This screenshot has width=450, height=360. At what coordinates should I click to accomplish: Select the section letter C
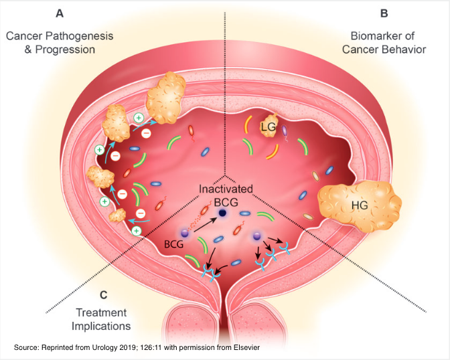[102, 294]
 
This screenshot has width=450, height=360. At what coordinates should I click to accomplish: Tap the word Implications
[102, 326]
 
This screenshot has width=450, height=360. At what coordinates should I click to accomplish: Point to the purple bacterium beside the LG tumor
[284, 132]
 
